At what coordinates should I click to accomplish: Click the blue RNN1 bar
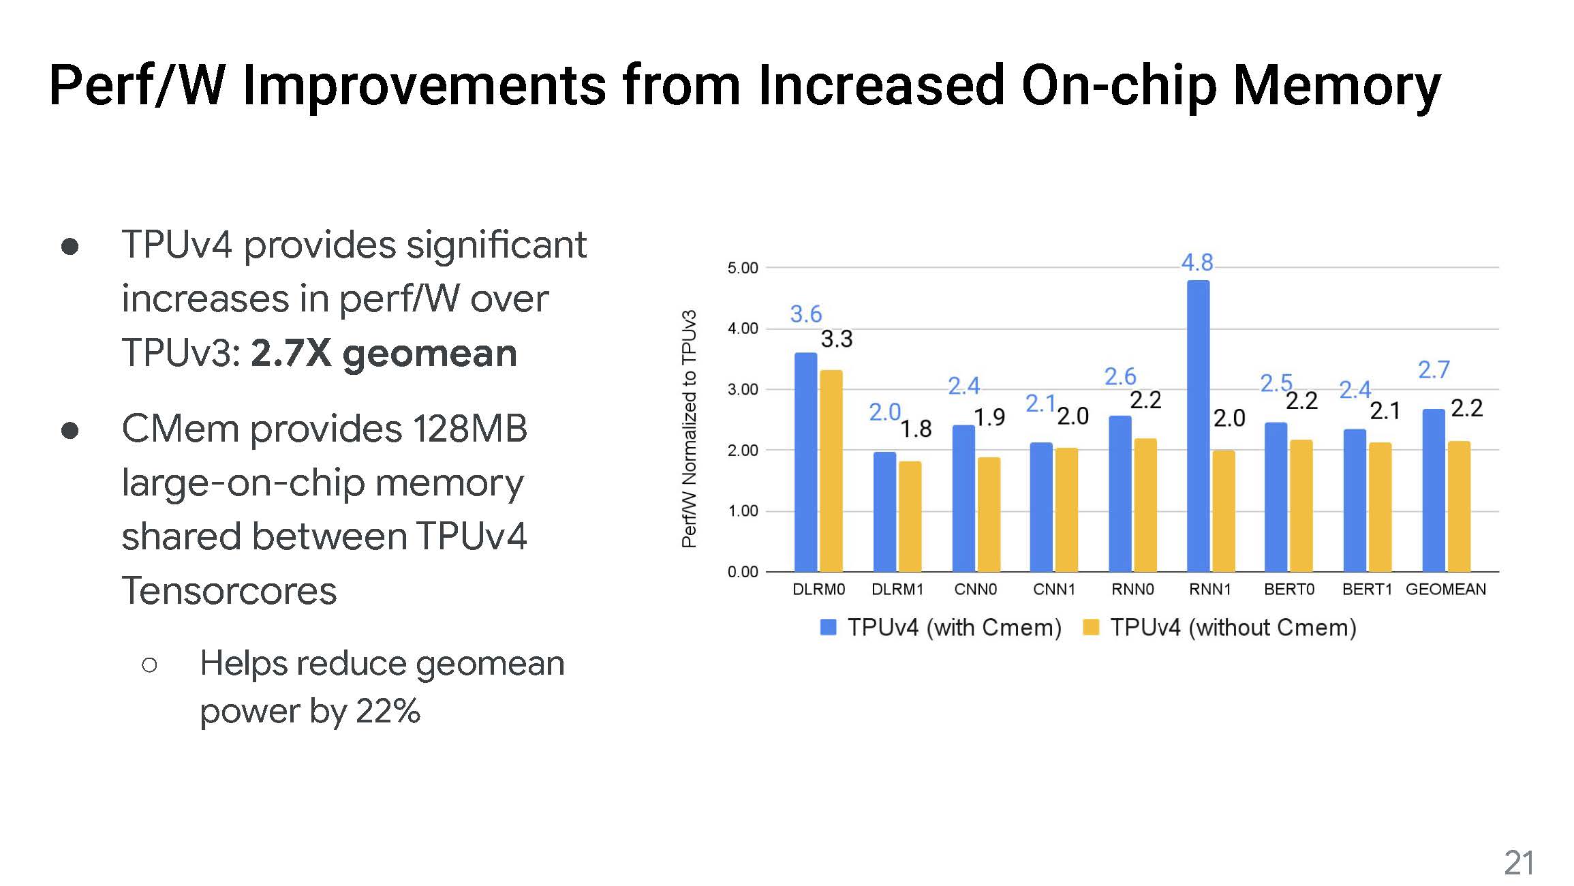pos(1198,426)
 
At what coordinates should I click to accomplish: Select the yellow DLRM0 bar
pos(831,470)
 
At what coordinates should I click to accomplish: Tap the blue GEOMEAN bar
pos(1434,490)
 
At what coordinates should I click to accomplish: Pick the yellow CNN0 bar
pos(989,514)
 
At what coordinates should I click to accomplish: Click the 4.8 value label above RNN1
pos(1197,262)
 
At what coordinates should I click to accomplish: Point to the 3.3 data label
pos(836,339)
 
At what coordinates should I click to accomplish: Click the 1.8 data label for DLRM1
pos(916,429)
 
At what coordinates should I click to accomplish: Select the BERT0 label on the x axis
pos(1288,590)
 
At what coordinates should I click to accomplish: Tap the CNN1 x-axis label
pos(1054,590)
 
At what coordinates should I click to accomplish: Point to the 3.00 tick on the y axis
pos(743,390)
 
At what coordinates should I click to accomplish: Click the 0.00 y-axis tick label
pos(743,572)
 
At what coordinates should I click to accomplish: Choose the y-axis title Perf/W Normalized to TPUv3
pos(690,429)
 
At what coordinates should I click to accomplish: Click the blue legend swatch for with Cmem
pos(828,627)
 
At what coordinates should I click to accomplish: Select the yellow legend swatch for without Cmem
pos(1091,627)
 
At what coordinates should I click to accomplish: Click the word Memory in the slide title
pos(1337,87)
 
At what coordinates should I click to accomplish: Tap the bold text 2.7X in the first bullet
pos(291,354)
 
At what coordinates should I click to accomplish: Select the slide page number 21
pos(1519,864)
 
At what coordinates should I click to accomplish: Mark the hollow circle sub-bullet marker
pos(150,664)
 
